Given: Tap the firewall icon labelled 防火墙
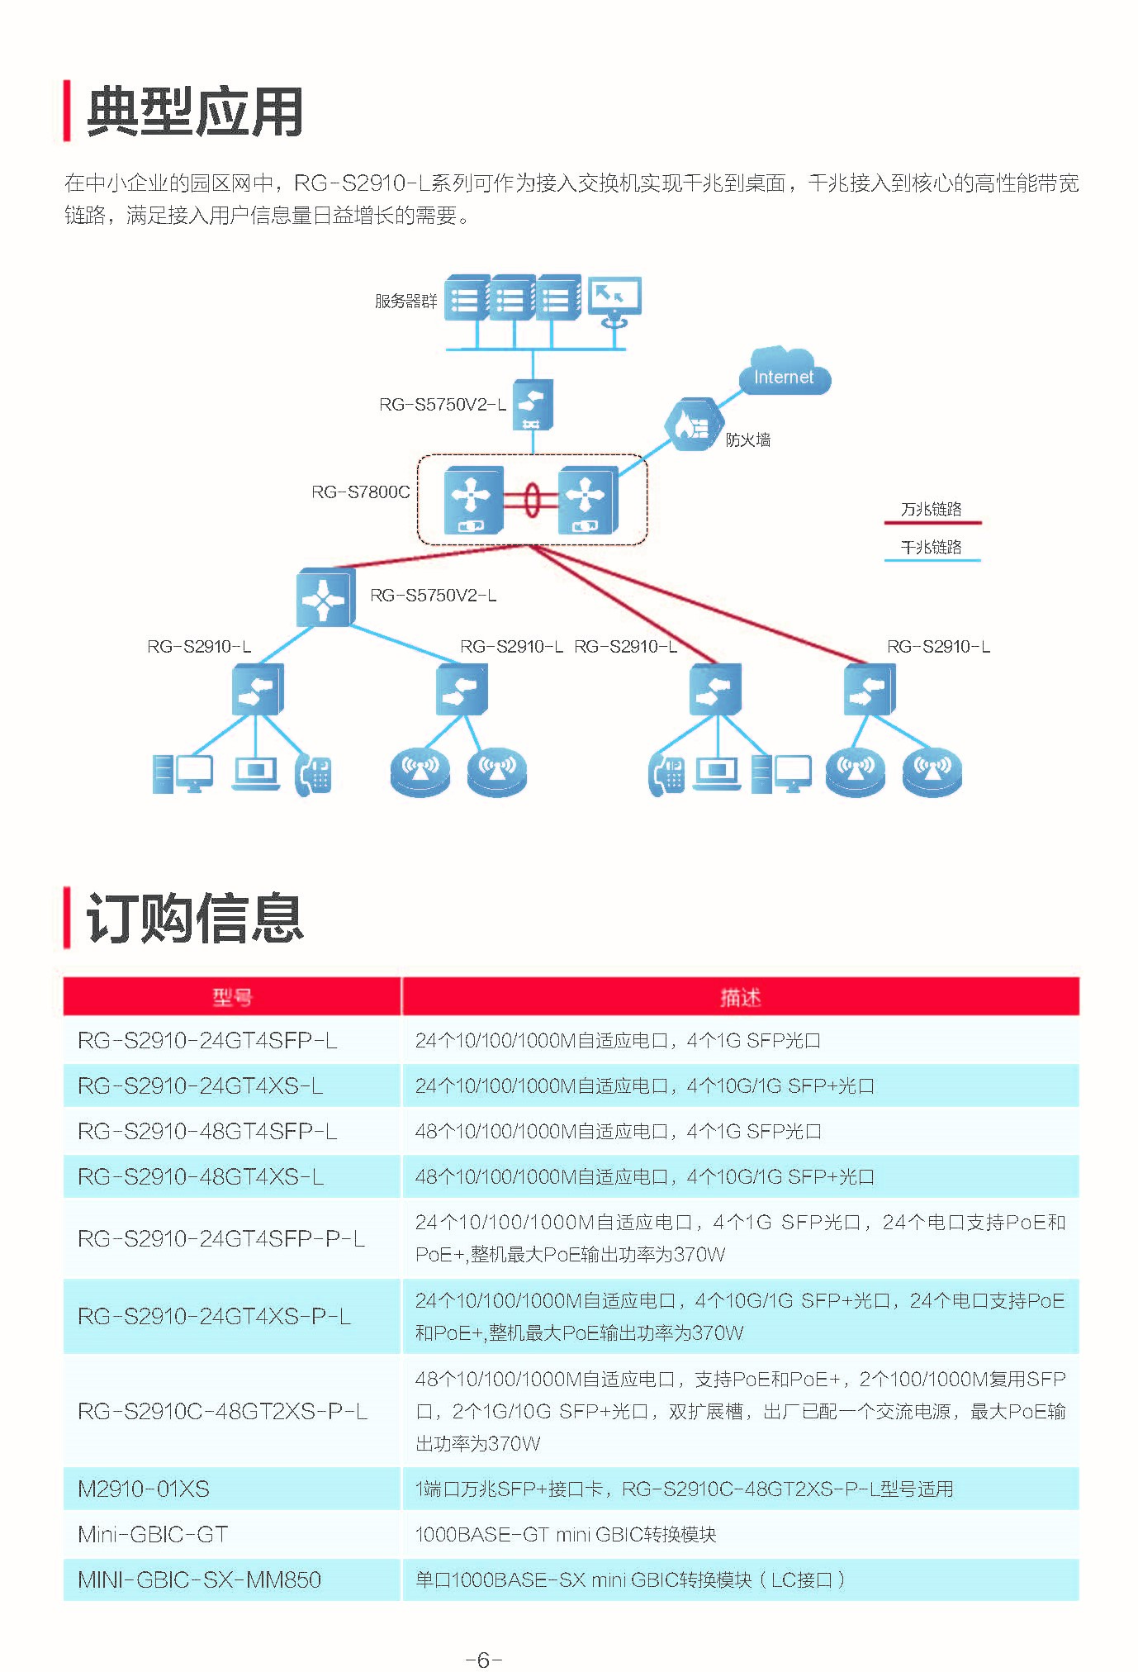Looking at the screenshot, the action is coord(692,425).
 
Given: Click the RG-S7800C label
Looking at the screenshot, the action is coord(360,492).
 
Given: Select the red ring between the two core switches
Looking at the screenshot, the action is coord(532,500).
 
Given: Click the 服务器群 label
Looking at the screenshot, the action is coord(405,302).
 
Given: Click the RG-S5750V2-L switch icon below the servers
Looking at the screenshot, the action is coord(533,405).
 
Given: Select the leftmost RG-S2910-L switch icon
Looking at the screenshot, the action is coord(258,689).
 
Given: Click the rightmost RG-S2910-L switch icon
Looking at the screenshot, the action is coord(870,689).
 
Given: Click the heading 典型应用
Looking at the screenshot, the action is coord(195,112).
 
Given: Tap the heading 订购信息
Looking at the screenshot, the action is coord(195,918).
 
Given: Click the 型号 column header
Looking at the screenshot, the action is coord(232,997).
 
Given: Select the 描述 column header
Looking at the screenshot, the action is coord(740,997).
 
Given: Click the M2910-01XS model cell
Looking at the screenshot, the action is coord(144,1489).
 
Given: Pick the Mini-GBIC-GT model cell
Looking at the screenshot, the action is coord(153,1534).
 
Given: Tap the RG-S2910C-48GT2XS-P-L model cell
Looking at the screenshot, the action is coord(222,1411).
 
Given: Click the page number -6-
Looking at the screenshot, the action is coord(484,1660).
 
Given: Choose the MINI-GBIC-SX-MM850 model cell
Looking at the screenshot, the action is coord(199,1579).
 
